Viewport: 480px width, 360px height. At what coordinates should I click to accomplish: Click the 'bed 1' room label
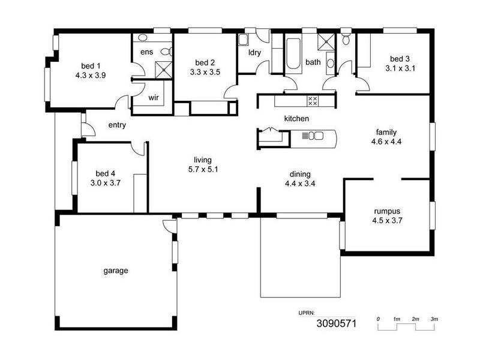tap(91, 66)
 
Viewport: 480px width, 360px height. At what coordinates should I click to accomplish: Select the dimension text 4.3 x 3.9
tap(91, 76)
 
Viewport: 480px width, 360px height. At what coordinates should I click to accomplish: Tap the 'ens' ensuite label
tap(146, 52)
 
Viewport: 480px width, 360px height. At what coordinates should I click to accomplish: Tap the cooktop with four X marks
tap(313, 100)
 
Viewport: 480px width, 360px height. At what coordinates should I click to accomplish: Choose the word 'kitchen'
tap(296, 119)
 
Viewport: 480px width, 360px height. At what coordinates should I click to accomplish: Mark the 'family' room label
tap(386, 132)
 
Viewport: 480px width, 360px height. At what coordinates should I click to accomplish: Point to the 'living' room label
tap(202, 160)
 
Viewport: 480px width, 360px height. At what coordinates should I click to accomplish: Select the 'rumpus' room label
tap(386, 211)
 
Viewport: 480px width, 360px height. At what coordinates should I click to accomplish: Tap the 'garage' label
tap(116, 271)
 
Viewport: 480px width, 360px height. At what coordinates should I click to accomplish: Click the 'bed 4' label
tap(106, 174)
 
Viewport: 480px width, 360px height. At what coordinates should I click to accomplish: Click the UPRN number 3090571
tap(336, 323)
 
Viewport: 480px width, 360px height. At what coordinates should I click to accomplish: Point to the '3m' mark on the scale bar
tap(434, 319)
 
